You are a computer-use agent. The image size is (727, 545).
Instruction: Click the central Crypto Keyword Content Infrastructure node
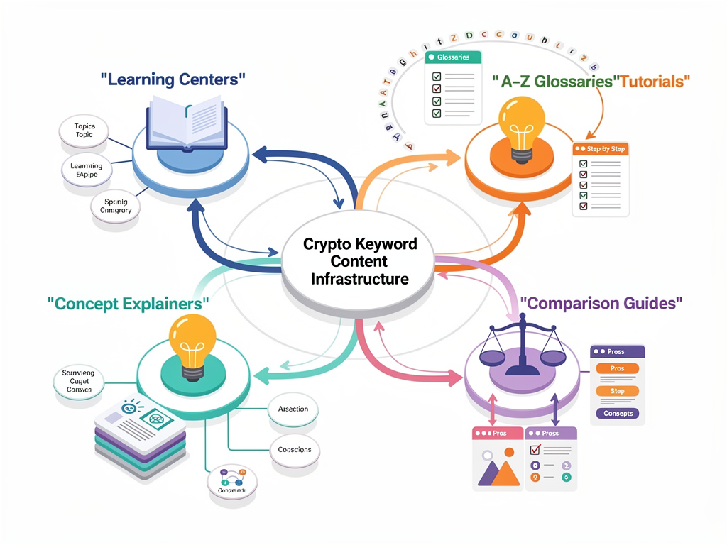(359, 261)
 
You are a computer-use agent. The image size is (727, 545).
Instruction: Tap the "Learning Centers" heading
(173, 79)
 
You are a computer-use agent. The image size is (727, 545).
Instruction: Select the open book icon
(187, 121)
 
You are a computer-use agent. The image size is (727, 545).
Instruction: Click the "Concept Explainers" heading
(129, 304)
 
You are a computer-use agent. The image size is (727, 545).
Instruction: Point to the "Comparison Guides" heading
(601, 303)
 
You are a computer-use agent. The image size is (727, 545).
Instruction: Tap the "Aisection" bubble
(293, 409)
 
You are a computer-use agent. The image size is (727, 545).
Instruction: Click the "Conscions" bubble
(295, 450)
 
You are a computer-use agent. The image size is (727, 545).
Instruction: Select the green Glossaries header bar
(452, 57)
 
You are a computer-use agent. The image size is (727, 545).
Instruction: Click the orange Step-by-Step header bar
(601, 150)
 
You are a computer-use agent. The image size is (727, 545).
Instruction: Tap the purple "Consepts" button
(618, 413)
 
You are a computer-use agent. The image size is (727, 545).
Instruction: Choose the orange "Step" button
(617, 391)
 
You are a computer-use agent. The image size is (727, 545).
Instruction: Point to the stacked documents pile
(141, 434)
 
